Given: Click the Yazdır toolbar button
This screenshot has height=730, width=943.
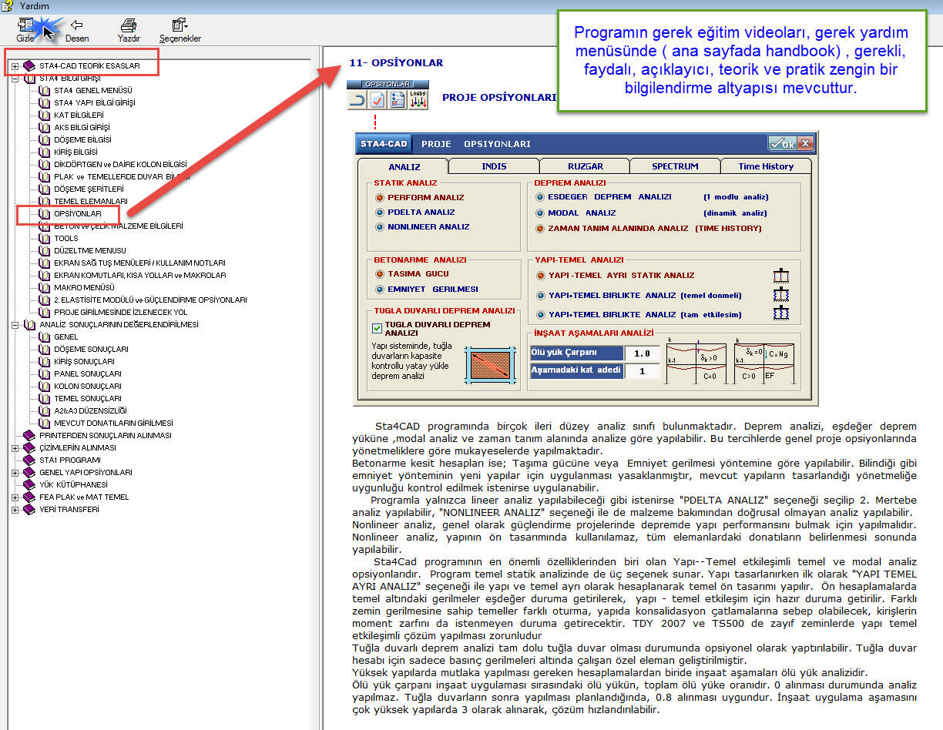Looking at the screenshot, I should tap(128, 29).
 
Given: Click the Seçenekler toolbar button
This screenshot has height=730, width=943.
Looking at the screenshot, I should tap(180, 29).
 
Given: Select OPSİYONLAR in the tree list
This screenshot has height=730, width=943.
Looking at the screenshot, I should tap(77, 213).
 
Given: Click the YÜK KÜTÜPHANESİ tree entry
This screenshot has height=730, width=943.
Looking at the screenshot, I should tap(73, 485).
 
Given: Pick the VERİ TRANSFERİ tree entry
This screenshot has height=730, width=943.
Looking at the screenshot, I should tap(69, 510).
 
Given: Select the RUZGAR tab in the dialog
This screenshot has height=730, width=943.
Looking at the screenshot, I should tap(584, 166).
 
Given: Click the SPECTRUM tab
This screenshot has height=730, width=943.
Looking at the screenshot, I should tap(675, 166).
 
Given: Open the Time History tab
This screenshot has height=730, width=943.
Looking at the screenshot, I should tap(765, 166).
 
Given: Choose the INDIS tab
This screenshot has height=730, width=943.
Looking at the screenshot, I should tap(494, 166).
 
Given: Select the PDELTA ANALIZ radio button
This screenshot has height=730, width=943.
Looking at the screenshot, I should tap(380, 213).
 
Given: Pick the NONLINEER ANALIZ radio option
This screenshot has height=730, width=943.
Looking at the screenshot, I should tap(380, 227).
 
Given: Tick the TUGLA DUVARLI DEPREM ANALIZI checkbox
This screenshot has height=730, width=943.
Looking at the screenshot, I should tap(378, 328).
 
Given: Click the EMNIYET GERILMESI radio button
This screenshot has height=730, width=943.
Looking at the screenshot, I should tap(380, 290).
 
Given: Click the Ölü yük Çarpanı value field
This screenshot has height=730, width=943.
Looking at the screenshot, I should tap(642, 353).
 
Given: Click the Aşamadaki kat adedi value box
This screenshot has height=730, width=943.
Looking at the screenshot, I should tap(642, 371).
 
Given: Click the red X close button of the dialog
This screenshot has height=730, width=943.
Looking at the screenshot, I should tap(805, 144).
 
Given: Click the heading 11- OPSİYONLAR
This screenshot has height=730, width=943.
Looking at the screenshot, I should tap(396, 63).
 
